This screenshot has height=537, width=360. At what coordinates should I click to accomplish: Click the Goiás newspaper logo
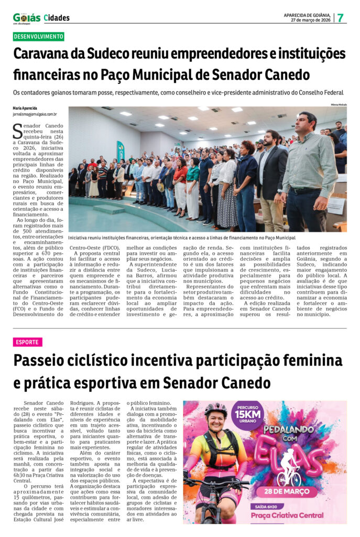[x=26, y=17]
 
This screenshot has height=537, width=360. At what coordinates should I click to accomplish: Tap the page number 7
[x=340, y=17]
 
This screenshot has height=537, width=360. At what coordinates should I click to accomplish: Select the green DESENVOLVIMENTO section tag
[x=38, y=37]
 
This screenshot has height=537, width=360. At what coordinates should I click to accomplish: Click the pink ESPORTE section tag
[x=27, y=342]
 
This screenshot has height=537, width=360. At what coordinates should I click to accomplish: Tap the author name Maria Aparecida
[x=25, y=108]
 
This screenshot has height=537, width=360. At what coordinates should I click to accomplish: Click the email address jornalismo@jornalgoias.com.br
[x=35, y=114]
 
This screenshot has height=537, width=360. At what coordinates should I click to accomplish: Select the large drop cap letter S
[x=18, y=131]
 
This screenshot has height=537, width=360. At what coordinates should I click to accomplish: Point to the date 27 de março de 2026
[x=312, y=20]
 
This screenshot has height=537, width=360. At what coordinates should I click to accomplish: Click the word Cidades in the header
[x=57, y=18]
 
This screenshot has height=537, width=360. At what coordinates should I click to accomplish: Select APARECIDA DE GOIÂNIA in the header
[x=307, y=15]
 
